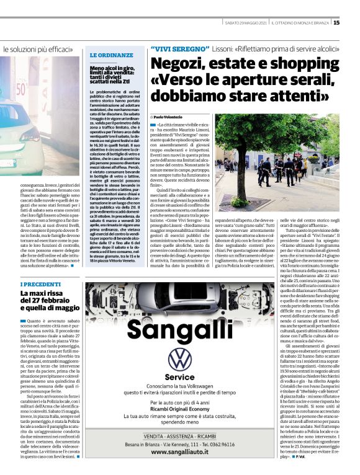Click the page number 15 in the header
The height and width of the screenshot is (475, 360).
tap(354, 23)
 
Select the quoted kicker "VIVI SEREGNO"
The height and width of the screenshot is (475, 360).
tap(180, 48)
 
